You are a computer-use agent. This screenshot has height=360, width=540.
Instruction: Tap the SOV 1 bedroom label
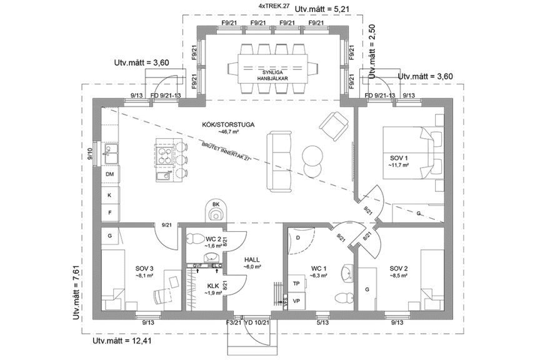click(x=398, y=157)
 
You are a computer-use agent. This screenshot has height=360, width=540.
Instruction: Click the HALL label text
click(x=252, y=259)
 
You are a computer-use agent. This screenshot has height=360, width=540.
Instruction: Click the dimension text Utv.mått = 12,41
click(x=122, y=342)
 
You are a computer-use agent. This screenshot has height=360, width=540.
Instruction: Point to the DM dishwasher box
click(x=109, y=174)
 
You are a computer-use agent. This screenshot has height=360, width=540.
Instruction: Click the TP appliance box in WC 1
click(x=296, y=283)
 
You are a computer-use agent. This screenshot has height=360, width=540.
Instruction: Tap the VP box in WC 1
click(x=296, y=300)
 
